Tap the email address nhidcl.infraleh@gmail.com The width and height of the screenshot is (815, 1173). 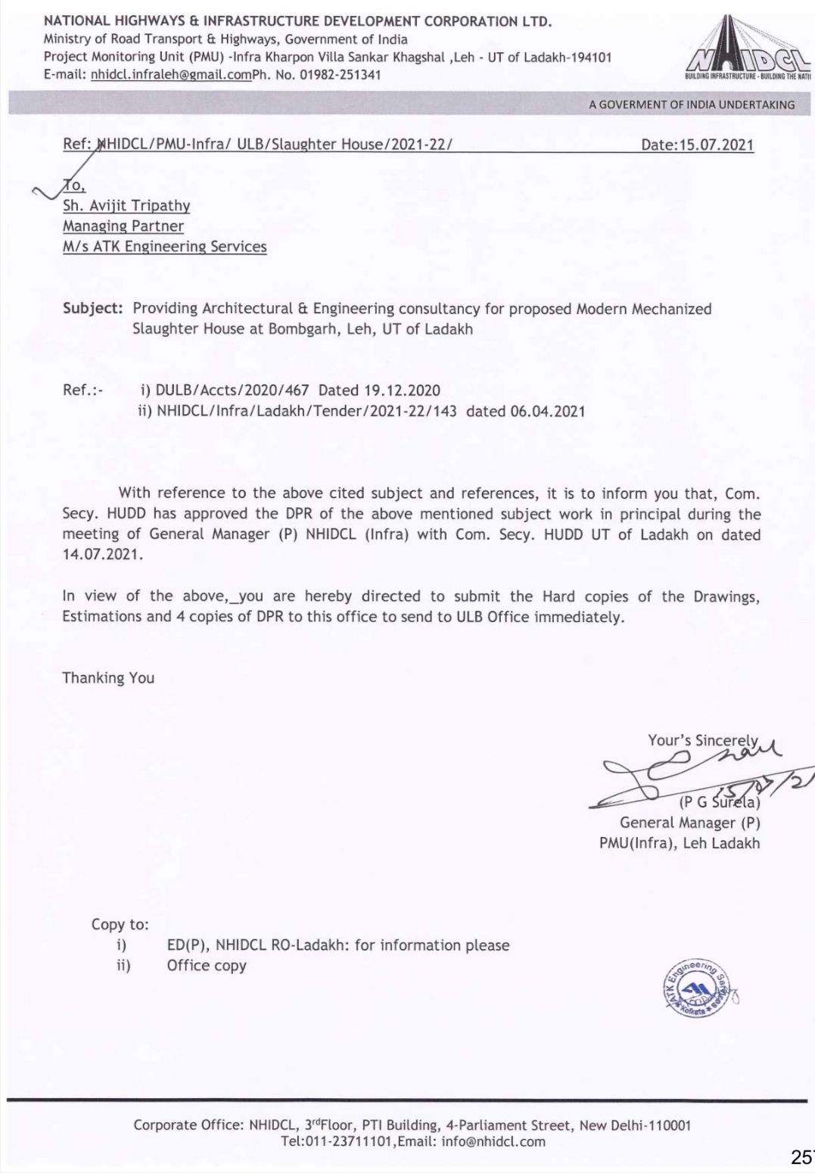(x=170, y=74)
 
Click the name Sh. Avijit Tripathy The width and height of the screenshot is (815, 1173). (x=126, y=205)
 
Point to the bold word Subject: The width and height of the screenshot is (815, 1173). (x=92, y=309)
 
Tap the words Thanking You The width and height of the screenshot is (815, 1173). (x=108, y=678)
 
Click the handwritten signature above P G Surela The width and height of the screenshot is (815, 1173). (x=681, y=772)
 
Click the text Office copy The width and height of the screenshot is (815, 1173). (x=207, y=966)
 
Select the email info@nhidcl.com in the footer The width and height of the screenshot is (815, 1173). (x=493, y=1142)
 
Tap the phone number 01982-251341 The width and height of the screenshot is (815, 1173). (x=343, y=74)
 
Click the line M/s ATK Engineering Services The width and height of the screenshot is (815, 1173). (x=164, y=246)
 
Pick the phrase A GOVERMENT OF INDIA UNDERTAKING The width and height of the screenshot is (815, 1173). (x=692, y=104)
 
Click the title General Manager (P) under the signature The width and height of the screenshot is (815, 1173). (x=689, y=823)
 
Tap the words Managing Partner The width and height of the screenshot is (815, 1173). (x=123, y=226)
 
